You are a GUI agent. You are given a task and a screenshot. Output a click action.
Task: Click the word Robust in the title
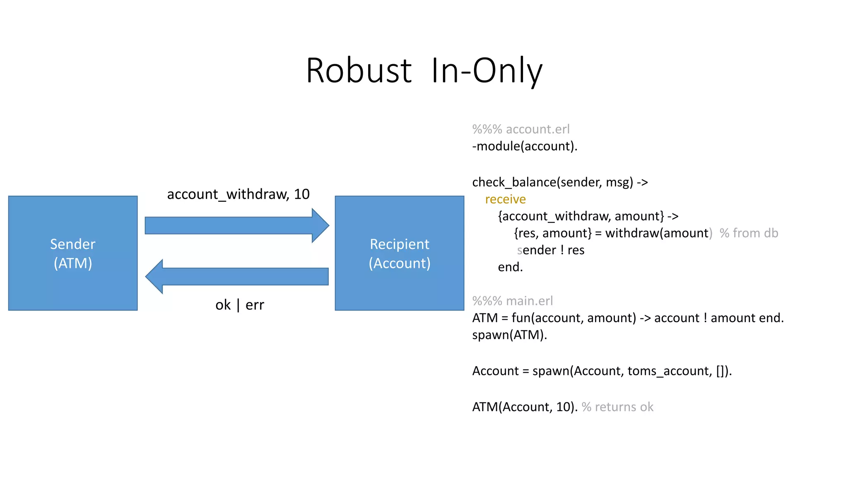(x=359, y=71)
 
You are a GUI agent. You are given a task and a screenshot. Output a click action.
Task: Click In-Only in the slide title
(x=487, y=71)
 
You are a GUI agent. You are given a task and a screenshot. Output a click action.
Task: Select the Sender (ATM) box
(x=73, y=253)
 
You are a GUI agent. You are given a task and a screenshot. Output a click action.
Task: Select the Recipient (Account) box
(x=399, y=253)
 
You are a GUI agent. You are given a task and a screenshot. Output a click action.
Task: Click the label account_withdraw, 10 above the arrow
(x=238, y=194)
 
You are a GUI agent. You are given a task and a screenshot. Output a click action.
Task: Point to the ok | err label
(x=239, y=305)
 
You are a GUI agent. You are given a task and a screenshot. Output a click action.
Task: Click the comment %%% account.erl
(x=520, y=129)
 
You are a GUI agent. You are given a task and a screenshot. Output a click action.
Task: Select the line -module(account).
(x=524, y=146)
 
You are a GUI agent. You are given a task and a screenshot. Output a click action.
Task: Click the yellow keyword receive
(x=505, y=199)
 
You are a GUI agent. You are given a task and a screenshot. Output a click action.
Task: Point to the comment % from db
(x=749, y=233)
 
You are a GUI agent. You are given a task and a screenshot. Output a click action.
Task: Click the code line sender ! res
(x=551, y=250)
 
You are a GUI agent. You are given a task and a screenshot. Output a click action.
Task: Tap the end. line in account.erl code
(x=510, y=267)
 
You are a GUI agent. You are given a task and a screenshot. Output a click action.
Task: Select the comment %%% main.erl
(x=512, y=301)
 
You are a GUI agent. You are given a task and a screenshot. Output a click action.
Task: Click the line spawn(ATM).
(x=509, y=335)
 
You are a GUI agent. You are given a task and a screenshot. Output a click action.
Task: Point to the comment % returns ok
(x=617, y=407)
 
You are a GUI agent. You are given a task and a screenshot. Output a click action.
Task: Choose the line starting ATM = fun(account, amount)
(x=627, y=318)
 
